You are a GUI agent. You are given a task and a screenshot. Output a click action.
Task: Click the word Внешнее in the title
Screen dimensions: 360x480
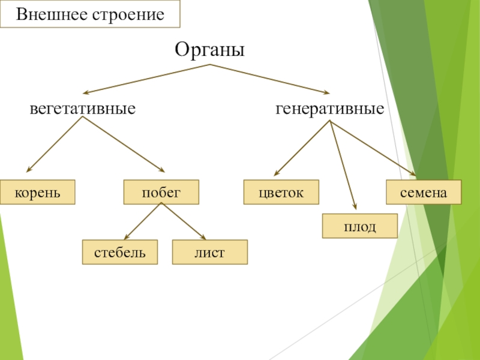52,14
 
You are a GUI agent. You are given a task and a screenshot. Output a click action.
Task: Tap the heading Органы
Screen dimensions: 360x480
210,49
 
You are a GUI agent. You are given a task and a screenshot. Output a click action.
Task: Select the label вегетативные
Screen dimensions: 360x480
83,109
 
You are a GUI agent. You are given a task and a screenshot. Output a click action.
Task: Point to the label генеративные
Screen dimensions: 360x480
329,109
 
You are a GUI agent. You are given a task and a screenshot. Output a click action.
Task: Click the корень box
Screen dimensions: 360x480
38,192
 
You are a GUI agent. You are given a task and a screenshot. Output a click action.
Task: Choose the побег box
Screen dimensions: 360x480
161,192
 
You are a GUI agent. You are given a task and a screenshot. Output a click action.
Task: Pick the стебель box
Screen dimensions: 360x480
120,252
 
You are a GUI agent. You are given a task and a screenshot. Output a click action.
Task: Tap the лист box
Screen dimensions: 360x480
209,252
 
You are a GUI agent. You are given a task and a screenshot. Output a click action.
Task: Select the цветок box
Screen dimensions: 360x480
281,192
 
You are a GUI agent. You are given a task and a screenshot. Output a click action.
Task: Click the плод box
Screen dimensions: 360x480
360,226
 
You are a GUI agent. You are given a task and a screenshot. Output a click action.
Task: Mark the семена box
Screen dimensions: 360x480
424,192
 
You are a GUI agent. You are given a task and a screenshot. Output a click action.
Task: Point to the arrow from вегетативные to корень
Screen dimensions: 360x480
54,145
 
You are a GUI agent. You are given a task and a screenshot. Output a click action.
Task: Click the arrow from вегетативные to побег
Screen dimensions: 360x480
123,145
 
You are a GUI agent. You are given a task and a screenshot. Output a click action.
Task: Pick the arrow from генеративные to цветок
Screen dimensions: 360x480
302,148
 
